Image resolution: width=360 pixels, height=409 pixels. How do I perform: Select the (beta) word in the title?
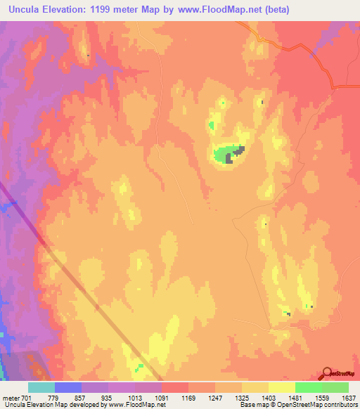[274, 10]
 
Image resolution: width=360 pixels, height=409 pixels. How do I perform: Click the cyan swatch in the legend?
[41, 387]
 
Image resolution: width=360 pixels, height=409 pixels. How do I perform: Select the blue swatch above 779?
[68, 387]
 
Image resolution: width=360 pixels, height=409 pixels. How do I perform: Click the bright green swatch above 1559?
[309, 387]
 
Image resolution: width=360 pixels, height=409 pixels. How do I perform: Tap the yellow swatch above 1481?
[282, 387]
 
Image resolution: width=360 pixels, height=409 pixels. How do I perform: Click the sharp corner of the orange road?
[331, 86]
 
